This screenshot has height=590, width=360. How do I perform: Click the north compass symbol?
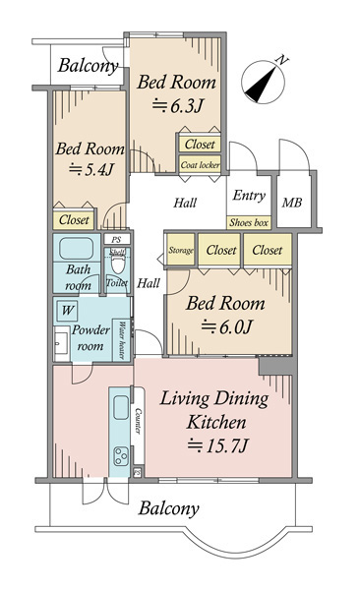tap(263, 82)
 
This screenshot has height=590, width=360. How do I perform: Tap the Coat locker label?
tap(200, 165)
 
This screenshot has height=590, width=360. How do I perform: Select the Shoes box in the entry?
tap(249, 222)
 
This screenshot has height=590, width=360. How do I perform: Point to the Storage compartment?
tap(181, 250)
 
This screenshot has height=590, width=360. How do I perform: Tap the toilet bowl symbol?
tap(118, 264)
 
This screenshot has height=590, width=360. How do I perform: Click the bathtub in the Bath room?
tap(77, 249)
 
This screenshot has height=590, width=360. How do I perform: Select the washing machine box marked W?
tap(68, 311)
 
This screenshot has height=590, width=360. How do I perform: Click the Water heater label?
tap(122, 340)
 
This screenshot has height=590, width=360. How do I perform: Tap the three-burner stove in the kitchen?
tap(121, 455)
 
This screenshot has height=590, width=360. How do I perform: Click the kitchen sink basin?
tap(121, 407)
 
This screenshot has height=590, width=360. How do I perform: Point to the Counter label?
tap(139, 421)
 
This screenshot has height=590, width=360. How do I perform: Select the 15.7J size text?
tap(218, 446)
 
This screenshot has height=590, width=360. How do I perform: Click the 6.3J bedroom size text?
tap(178, 105)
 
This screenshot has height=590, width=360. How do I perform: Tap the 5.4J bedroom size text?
tap(91, 170)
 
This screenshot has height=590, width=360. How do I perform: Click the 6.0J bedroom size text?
tap(226, 326)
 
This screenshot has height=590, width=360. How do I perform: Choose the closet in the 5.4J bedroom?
tap(74, 219)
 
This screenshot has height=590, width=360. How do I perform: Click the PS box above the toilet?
tap(117, 239)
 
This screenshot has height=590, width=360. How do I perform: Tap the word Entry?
tap(249, 195)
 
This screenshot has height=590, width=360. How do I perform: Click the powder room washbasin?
tap(61, 344)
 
